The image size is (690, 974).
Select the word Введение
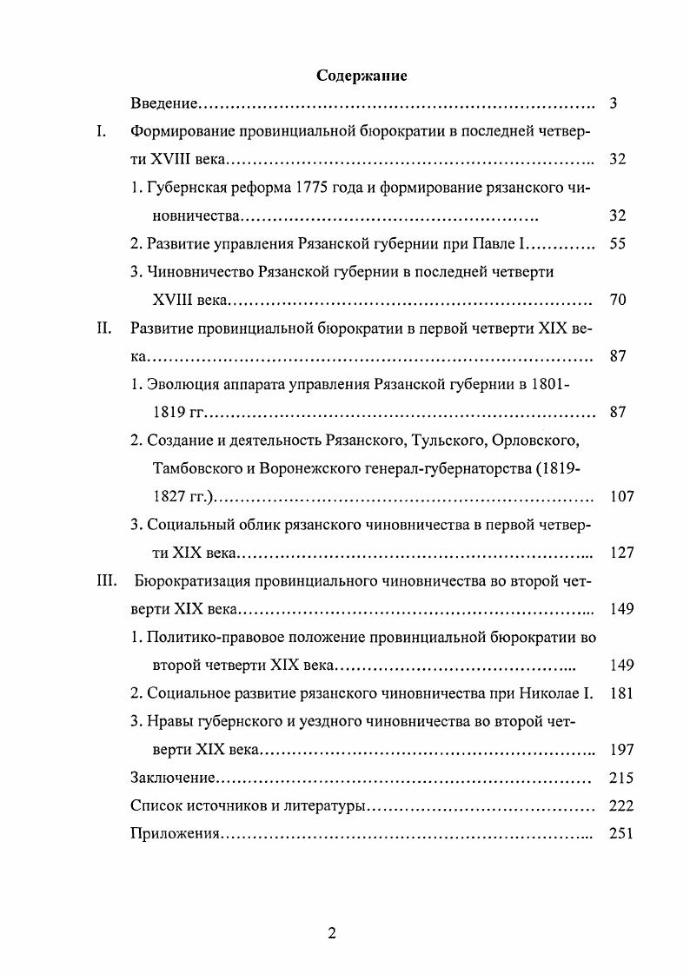(x=165, y=104)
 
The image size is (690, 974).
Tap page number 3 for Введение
(x=614, y=104)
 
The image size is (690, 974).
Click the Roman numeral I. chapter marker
(x=101, y=132)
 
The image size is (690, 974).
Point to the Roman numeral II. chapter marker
(x=103, y=328)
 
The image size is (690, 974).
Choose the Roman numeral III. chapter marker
(x=106, y=580)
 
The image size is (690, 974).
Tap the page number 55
(x=618, y=244)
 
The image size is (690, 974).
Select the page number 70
(x=618, y=300)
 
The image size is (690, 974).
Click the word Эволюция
(x=179, y=383)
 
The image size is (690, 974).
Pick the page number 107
(x=621, y=497)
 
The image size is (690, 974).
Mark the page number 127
(x=621, y=553)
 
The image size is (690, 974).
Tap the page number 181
(x=621, y=693)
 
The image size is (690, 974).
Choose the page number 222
(x=621, y=805)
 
